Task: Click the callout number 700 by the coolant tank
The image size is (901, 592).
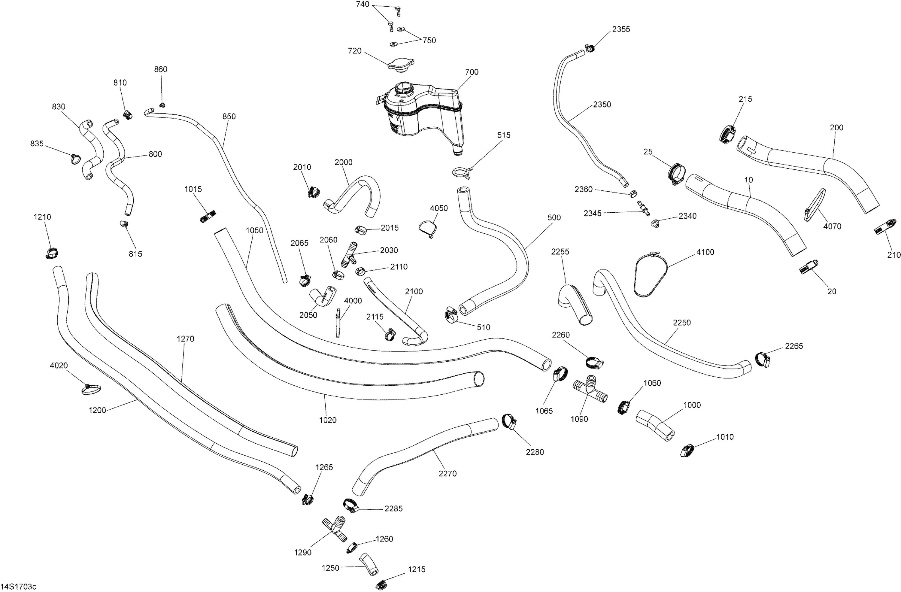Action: click(472, 72)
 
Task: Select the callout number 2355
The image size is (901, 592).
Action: click(621, 29)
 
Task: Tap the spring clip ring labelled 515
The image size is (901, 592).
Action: click(462, 172)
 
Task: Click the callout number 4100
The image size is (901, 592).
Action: click(705, 252)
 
